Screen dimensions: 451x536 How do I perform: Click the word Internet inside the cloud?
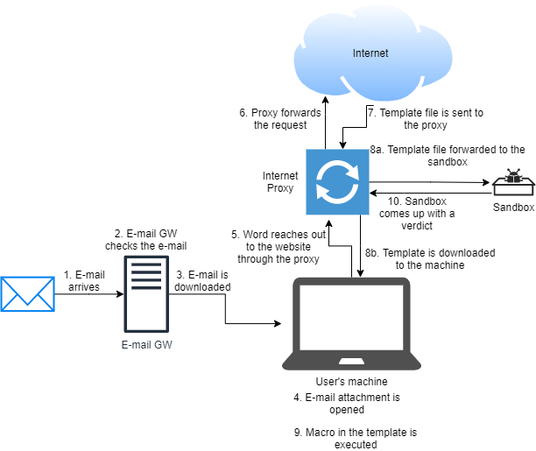[370, 53]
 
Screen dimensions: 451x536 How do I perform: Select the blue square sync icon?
[337, 182]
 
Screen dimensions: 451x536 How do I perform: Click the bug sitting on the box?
[513, 175]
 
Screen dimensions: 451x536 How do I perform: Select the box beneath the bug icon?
[513, 187]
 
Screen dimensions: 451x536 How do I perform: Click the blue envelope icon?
[27, 294]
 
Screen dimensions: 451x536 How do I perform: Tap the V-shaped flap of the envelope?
[27, 298]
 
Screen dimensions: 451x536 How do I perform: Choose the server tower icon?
[146, 293]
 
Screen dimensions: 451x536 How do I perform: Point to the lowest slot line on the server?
[146, 286]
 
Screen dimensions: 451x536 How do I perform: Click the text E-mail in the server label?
[136, 345]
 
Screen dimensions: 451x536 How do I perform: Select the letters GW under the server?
[164, 345]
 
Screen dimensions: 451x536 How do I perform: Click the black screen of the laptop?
[351, 316]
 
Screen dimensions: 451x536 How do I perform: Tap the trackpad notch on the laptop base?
[351, 360]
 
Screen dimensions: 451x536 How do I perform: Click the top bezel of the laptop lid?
[351, 281]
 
